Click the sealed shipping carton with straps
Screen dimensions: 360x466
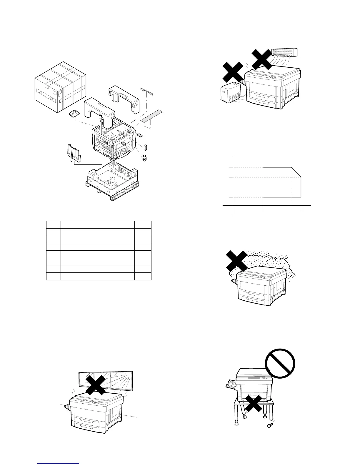click(60, 87)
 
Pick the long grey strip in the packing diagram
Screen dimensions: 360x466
click(151, 116)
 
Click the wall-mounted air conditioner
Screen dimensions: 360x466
click(284, 52)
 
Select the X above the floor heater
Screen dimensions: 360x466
click(232, 72)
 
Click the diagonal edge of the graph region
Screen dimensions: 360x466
click(296, 172)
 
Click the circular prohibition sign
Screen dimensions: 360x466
click(280, 364)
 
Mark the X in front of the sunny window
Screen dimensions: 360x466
click(96, 385)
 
